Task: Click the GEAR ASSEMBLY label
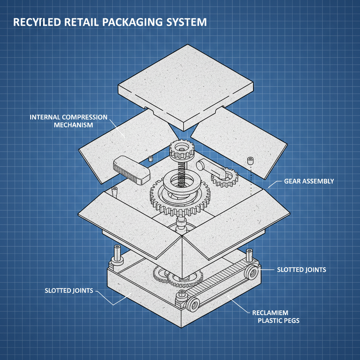pyautogui.click(x=309, y=181)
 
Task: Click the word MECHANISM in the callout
pyautogui.click(x=76, y=125)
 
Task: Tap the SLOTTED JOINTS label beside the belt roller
pyautogui.click(x=302, y=270)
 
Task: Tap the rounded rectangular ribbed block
pyautogui.click(x=131, y=170)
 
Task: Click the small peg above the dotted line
pyautogui.click(x=251, y=160)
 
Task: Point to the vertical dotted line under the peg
pyautogui.click(x=251, y=179)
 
